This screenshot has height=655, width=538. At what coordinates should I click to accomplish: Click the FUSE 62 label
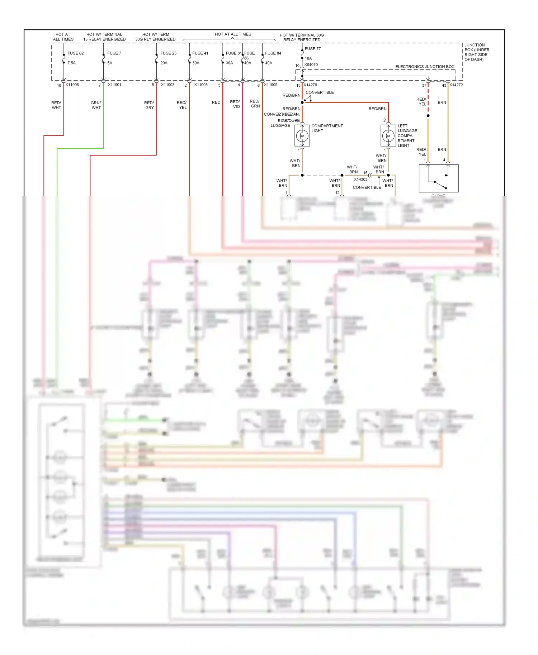point(75,53)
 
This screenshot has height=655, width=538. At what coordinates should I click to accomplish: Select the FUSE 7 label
point(114,53)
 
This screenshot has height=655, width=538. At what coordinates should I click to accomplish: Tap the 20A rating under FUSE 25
point(164,63)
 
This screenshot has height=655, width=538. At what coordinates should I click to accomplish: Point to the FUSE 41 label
point(200,53)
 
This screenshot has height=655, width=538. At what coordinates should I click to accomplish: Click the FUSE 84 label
point(273,53)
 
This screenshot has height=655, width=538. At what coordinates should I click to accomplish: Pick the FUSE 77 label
point(313,49)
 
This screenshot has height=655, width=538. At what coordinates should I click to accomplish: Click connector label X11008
point(72,85)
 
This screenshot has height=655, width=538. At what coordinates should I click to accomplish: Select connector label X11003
point(167,85)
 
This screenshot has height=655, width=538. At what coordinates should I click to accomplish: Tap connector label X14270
point(310,85)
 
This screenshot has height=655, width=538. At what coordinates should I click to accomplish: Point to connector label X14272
point(456,85)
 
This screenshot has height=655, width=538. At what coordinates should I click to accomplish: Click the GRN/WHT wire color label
point(96,105)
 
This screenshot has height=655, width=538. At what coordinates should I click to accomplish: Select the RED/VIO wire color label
point(235,104)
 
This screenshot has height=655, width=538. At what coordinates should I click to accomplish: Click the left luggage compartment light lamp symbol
point(388,136)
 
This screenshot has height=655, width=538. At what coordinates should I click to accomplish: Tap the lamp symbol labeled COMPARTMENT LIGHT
point(302,136)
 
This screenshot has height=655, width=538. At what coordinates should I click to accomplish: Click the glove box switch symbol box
point(439,178)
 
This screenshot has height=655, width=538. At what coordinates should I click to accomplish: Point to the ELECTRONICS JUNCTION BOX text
point(425,67)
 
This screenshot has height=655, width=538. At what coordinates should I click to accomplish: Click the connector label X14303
point(360,180)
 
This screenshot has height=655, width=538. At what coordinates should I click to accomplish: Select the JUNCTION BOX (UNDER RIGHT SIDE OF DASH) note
point(476,52)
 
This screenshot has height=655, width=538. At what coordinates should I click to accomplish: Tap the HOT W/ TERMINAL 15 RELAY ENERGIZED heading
point(104,37)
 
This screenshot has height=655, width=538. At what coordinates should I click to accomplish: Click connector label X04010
point(311,65)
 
